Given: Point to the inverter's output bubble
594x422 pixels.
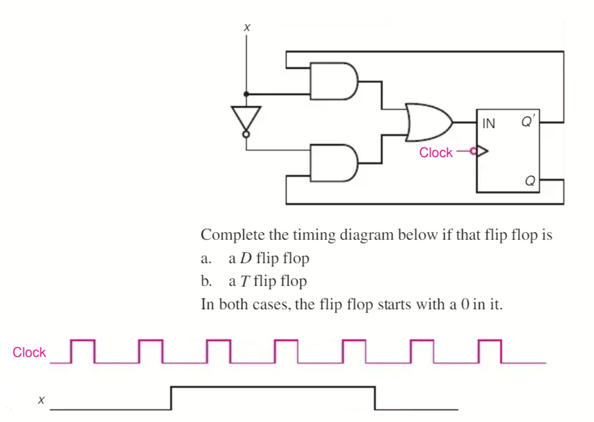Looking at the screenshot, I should (x=246, y=134).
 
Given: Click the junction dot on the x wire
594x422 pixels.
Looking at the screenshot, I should (x=246, y=94).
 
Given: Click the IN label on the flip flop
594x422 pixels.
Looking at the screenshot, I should (x=489, y=124).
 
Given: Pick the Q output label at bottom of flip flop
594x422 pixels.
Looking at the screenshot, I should (x=530, y=180).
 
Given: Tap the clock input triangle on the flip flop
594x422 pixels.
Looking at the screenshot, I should (x=482, y=152).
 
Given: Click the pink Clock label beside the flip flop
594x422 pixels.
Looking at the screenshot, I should (x=436, y=152).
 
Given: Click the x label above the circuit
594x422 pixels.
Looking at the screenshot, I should (x=247, y=27).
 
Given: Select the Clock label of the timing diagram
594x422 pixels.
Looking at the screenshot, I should (x=29, y=352).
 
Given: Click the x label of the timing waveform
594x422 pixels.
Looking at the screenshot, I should (x=41, y=399).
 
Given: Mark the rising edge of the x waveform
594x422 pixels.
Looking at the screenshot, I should (x=171, y=398).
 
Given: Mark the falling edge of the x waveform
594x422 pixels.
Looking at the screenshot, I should (x=375, y=398).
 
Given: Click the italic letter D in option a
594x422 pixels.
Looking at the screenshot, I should (x=246, y=258).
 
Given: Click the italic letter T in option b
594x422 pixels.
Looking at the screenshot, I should (x=245, y=281).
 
